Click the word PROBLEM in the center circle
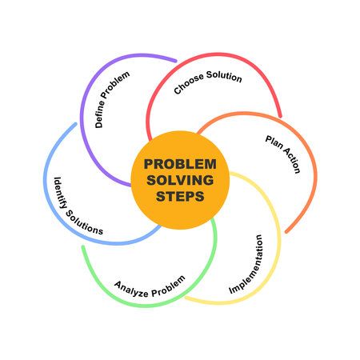click(x=180, y=164)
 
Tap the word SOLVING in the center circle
click(x=180, y=179)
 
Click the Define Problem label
click(x=112, y=99)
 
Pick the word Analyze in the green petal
click(x=130, y=286)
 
